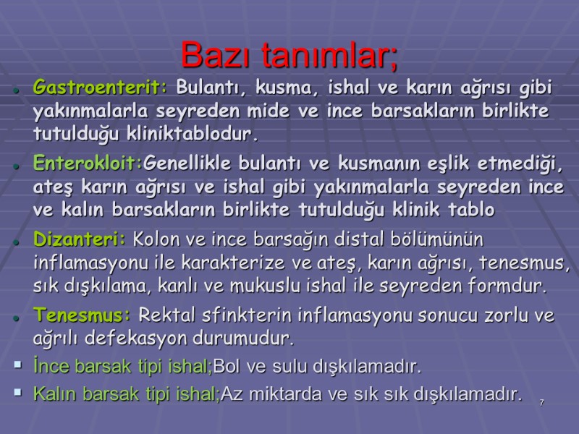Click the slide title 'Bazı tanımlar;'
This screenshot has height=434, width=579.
click(x=289, y=54)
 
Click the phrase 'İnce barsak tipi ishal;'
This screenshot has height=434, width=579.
click(x=123, y=366)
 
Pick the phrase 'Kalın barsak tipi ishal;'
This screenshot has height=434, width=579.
click(x=126, y=394)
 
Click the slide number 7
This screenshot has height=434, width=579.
click(x=541, y=401)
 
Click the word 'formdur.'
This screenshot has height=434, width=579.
click(x=506, y=285)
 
